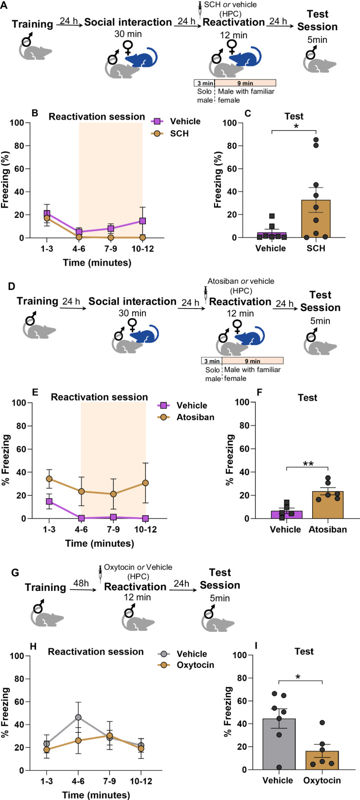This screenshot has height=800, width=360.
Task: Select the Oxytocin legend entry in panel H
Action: [x=194, y=665]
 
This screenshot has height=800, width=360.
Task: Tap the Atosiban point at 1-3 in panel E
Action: [x=49, y=479]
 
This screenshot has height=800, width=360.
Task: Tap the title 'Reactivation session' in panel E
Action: [x=99, y=397]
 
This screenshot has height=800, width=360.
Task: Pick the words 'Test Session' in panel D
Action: [x=320, y=301]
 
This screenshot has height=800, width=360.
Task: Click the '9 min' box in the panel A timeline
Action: [x=245, y=83]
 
